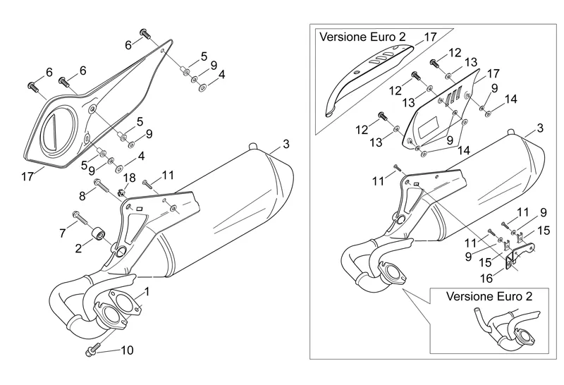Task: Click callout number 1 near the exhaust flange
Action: click(147, 291)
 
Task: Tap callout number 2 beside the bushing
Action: click(78, 248)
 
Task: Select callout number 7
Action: click(62, 232)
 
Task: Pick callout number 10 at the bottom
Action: click(127, 350)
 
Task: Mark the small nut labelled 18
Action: click(121, 192)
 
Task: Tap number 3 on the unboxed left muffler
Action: click(286, 145)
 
